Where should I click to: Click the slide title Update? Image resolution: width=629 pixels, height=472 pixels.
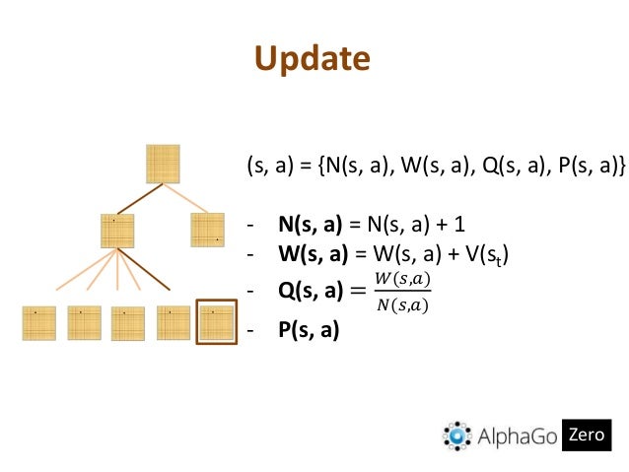[x=313, y=60]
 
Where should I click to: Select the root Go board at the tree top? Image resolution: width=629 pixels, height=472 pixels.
[x=163, y=164]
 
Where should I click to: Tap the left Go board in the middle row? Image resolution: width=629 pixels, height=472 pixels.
[x=117, y=231]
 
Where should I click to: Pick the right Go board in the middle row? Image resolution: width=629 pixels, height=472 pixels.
[x=207, y=231]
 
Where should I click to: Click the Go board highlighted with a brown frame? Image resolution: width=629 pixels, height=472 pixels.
[x=216, y=322]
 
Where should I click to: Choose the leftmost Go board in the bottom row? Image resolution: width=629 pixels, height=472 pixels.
[x=39, y=323]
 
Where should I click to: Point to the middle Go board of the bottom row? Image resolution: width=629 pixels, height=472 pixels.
[x=128, y=323]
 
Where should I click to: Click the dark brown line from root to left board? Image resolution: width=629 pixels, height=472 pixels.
[x=140, y=198]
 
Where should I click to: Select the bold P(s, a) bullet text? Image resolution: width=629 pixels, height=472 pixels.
[x=309, y=330]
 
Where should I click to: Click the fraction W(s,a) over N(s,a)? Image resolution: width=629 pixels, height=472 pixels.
[x=404, y=292]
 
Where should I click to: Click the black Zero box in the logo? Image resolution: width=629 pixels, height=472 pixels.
[x=587, y=434]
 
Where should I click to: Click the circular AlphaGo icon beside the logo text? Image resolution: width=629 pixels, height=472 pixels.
[x=457, y=436]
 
